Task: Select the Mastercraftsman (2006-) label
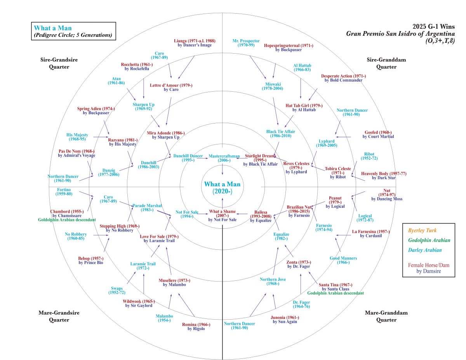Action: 222,158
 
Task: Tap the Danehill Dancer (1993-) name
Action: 188,158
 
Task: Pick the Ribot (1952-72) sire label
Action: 369,157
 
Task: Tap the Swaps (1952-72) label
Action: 117,290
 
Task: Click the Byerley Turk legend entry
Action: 428,231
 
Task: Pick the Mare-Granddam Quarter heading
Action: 380,316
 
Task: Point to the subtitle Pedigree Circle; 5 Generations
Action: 73,35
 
